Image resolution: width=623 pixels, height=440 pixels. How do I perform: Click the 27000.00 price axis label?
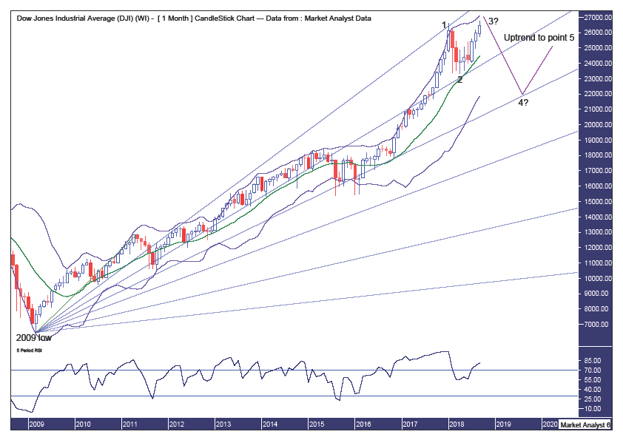595,17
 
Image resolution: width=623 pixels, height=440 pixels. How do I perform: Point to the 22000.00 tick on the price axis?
595,94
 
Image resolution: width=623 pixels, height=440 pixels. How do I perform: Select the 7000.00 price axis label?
596,325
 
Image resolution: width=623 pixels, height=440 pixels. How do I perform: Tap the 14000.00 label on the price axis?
595,217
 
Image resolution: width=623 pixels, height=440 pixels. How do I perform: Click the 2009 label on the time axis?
36,424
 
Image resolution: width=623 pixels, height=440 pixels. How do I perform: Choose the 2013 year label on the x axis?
223,424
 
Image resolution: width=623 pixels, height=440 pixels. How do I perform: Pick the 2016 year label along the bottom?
363,424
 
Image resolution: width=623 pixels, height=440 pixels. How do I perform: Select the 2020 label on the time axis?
549,424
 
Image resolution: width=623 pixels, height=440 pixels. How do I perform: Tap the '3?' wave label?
493,21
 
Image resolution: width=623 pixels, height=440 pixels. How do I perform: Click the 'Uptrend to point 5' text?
539,37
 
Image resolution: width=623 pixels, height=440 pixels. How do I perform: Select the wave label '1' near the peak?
445,25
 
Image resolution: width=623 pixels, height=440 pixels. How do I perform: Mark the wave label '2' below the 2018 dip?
459,79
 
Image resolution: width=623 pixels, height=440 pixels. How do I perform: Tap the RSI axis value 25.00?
593,399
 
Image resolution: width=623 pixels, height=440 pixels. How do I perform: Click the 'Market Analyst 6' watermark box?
585,424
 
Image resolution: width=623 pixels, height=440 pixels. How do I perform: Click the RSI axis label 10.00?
593,408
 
